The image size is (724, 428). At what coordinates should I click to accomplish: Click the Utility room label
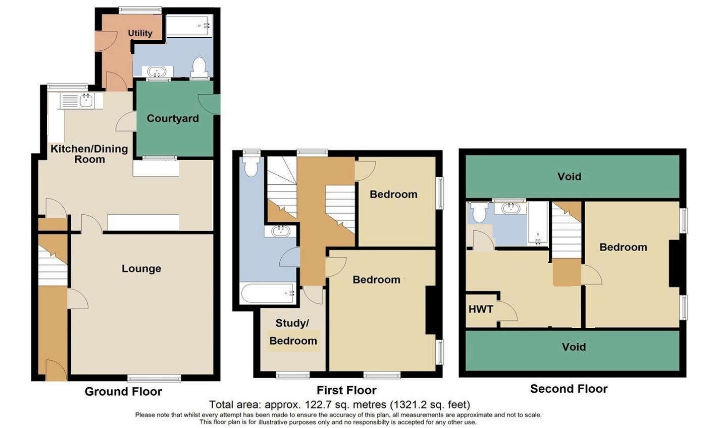click(x=140, y=33)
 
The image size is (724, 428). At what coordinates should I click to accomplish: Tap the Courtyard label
click(x=173, y=119)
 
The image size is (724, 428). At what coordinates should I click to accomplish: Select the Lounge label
click(x=141, y=269)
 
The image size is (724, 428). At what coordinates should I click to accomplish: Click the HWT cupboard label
click(x=481, y=309)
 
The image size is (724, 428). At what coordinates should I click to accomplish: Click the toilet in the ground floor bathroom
click(x=199, y=67)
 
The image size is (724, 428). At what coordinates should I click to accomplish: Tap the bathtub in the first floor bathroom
click(x=267, y=293)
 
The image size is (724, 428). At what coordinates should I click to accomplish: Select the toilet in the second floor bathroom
click(x=480, y=212)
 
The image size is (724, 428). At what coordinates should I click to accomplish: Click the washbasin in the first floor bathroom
click(x=280, y=231)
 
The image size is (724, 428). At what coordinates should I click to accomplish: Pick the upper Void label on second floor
click(x=570, y=177)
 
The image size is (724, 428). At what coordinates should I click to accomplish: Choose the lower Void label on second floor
click(x=574, y=347)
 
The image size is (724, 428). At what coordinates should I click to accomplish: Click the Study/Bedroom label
click(x=293, y=332)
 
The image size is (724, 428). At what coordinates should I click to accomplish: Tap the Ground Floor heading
click(x=123, y=392)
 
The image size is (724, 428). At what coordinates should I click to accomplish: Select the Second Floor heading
click(x=569, y=389)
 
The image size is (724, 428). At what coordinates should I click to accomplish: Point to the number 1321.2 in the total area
click(x=410, y=405)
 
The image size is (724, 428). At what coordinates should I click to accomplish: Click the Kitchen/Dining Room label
click(x=90, y=154)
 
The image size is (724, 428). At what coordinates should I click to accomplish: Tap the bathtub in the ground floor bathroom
click(x=189, y=26)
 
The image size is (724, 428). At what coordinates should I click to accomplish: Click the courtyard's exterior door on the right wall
click(x=210, y=104)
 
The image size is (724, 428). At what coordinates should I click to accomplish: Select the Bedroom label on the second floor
click(x=623, y=247)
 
